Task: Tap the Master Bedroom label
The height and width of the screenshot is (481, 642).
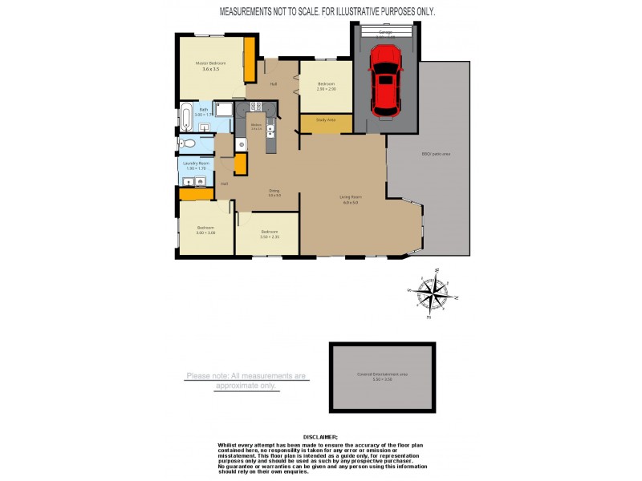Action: [x=211, y=63]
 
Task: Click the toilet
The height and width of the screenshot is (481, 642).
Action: [x=186, y=144]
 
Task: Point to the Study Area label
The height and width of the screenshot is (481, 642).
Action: [x=326, y=120]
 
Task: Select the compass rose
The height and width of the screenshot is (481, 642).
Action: [x=433, y=293]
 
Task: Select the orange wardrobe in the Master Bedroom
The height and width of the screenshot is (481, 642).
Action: [x=249, y=58]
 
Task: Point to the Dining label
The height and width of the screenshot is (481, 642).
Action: [x=274, y=191]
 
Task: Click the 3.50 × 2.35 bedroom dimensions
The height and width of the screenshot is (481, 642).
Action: [x=270, y=236]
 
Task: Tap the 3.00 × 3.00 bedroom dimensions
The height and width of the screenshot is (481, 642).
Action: [x=206, y=233]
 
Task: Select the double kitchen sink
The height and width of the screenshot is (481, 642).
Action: [x=272, y=128]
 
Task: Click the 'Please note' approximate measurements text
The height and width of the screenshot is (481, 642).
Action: [x=246, y=380]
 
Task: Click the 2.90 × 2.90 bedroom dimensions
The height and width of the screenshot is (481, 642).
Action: [x=326, y=89]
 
